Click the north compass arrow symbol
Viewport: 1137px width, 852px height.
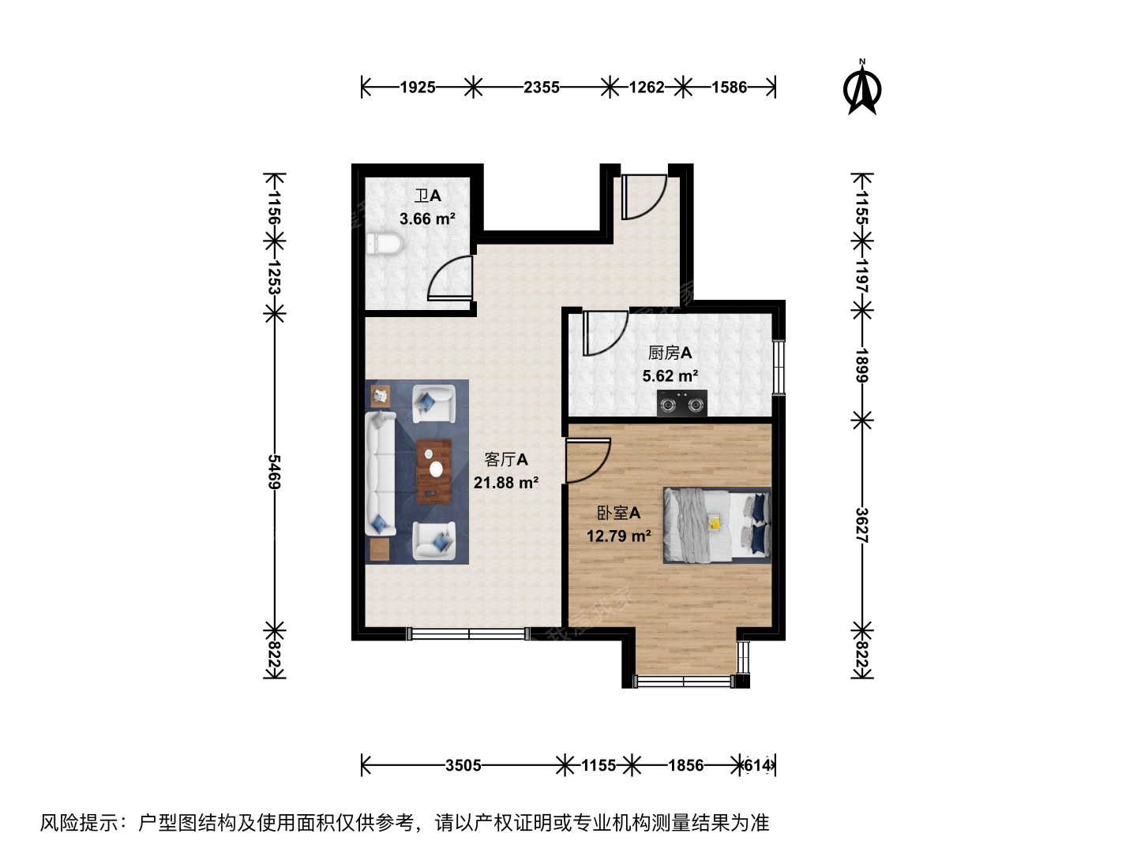[x=861, y=88]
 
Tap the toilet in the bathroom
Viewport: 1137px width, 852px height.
[x=384, y=245]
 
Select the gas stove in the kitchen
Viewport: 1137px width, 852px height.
[x=681, y=403]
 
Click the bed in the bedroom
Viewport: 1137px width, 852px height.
[x=718, y=525]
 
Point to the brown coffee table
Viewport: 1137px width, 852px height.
[x=433, y=471]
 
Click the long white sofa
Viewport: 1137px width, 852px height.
[x=381, y=473]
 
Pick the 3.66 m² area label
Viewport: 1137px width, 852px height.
[x=427, y=219]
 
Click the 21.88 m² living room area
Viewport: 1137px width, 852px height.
[x=506, y=483]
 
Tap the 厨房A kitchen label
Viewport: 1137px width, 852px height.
[x=670, y=353]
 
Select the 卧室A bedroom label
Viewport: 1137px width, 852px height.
[x=618, y=513]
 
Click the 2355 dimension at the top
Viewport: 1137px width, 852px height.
[x=542, y=87]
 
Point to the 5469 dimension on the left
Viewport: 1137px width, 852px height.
[x=274, y=472]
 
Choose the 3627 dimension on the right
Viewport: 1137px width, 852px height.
[x=861, y=525]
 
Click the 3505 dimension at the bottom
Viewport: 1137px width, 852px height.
[x=463, y=765]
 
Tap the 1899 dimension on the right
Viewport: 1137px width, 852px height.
[x=861, y=365]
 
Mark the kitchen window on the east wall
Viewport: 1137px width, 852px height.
[x=779, y=368]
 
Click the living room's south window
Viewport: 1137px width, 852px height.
[x=468, y=633]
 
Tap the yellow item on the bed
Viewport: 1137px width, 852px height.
[x=715, y=522]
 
